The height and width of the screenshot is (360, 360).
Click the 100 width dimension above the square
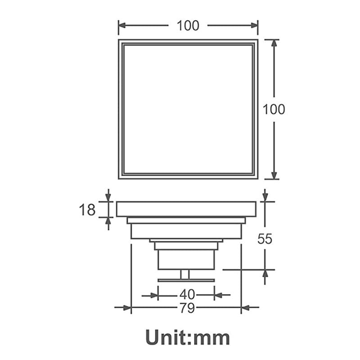coord(188,26)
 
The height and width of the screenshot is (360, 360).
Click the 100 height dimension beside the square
coord(274,109)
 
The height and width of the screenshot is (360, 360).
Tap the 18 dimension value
coord(87,210)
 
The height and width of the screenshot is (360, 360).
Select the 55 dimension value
coord(265,239)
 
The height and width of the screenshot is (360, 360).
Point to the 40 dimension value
coord(187,295)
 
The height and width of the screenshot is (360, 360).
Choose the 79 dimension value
coord(187,308)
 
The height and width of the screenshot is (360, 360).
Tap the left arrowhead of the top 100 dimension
coord(122,25)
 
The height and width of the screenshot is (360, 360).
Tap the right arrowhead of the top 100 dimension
coord(254,25)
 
